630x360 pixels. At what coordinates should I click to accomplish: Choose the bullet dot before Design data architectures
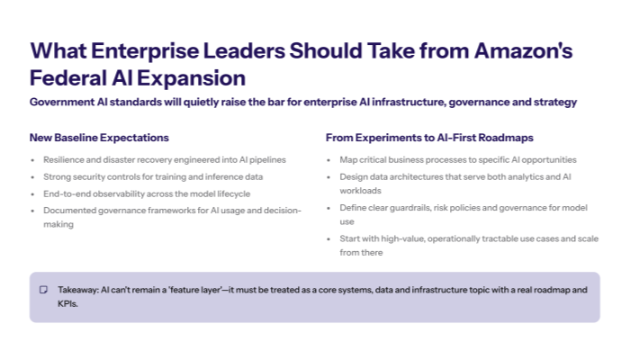point(330,177)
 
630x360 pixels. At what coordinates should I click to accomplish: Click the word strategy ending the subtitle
point(553,103)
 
